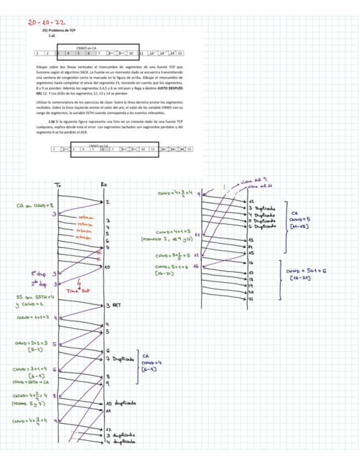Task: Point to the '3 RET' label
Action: (113, 305)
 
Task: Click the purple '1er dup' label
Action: (38, 273)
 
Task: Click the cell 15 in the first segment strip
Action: (180, 53)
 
